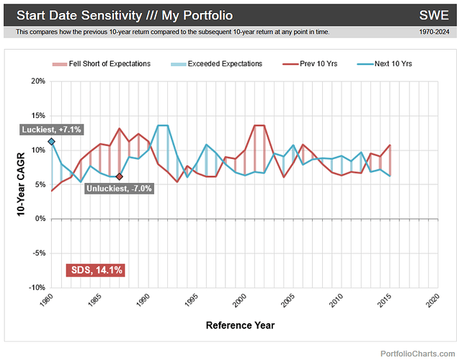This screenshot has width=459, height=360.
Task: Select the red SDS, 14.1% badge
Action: coord(97,270)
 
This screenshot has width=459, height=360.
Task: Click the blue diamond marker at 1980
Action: coord(51,142)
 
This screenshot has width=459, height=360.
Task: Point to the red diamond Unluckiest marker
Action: coord(119,176)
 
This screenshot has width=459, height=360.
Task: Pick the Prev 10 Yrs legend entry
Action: coord(314,64)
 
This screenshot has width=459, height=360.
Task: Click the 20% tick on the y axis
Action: coord(35,81)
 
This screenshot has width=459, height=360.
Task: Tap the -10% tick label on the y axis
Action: coord(34,287)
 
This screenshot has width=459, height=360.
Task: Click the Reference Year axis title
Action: coord(240,325)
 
